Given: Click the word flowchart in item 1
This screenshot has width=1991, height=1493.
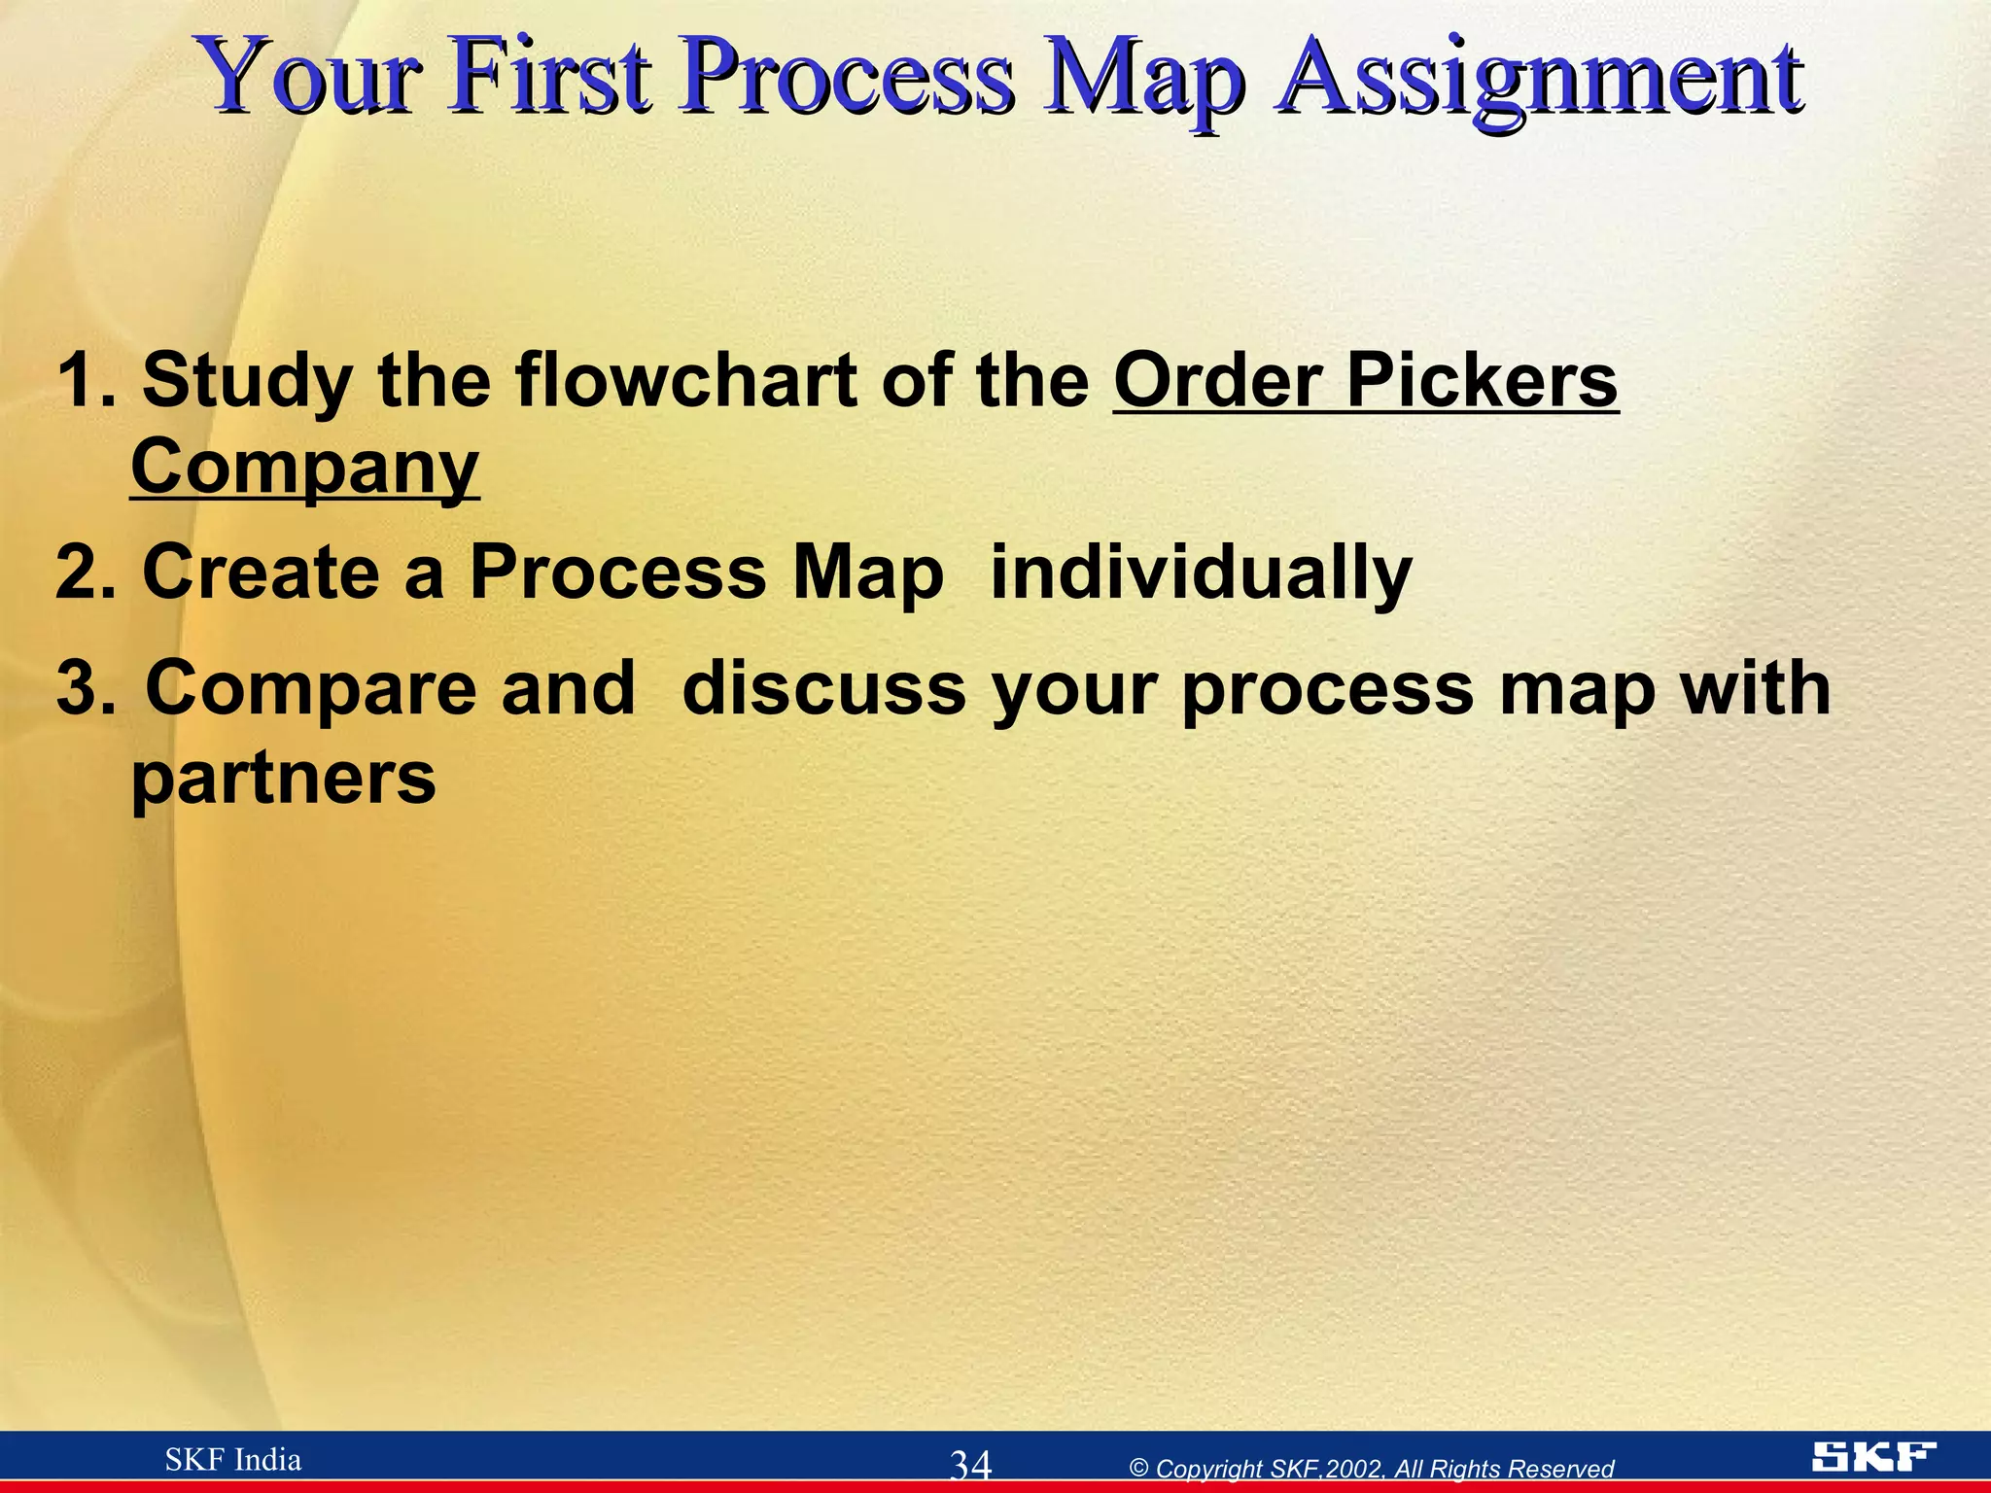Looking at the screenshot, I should tap(686, 381).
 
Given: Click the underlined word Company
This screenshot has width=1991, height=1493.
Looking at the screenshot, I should tap(304, 469).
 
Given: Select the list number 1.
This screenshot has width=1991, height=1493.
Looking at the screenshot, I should tap(84, 381).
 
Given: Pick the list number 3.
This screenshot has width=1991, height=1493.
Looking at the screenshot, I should tap(84, 688).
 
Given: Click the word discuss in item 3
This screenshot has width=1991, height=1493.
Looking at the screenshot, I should tap(823, 688).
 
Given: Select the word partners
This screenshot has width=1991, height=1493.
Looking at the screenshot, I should tap(283, 778).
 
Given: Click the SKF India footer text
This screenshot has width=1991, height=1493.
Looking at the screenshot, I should tap(233, 1460).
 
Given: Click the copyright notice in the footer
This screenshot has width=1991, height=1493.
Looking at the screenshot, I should tap(1371, 1469).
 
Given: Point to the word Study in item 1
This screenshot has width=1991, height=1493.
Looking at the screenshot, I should tap(247, 381).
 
